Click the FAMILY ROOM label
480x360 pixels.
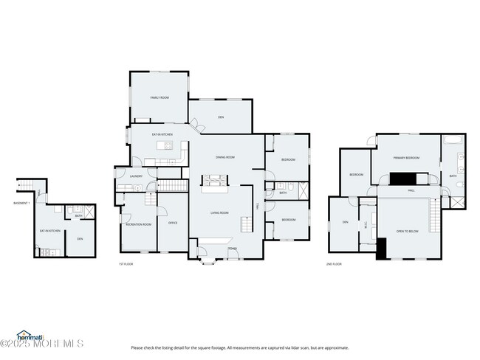[159, 97]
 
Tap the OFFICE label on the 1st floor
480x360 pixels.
[172, 223]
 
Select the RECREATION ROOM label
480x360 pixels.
[138, 224]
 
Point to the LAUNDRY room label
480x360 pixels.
[136, 176]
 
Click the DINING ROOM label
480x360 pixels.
[224, 157]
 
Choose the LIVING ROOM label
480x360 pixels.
[219, 213]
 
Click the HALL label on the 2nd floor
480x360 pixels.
[411, 190]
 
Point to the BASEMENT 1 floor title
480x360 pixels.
[21, 203]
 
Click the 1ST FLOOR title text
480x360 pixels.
[126, 263]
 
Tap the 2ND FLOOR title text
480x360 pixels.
[334, 263]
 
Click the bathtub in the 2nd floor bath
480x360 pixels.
[452, 140]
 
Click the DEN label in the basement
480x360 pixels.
[80, 238]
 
